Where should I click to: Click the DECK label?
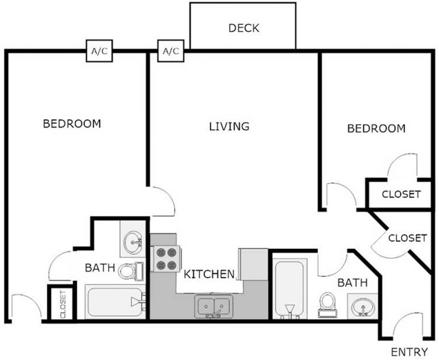tap(243, 28)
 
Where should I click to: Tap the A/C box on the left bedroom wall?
tap(99, 51)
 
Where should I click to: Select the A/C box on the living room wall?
tap(171, 51)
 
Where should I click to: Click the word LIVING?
tap(229, 126)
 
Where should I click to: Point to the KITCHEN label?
tap(209, 274)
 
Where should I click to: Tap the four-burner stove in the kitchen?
tap(165, 259)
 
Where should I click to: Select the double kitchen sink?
tap(214, 306)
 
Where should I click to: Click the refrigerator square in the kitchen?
tap(253, 264)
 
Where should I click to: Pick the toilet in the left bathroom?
tap(130, 270)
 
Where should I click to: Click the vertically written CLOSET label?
tap(61, 303)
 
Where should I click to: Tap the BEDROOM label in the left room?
tap(72, 124)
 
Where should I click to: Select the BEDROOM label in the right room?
tap(377, 129)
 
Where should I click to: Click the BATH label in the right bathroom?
tap(352, 283)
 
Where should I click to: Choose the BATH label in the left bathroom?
tap(100, 268)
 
